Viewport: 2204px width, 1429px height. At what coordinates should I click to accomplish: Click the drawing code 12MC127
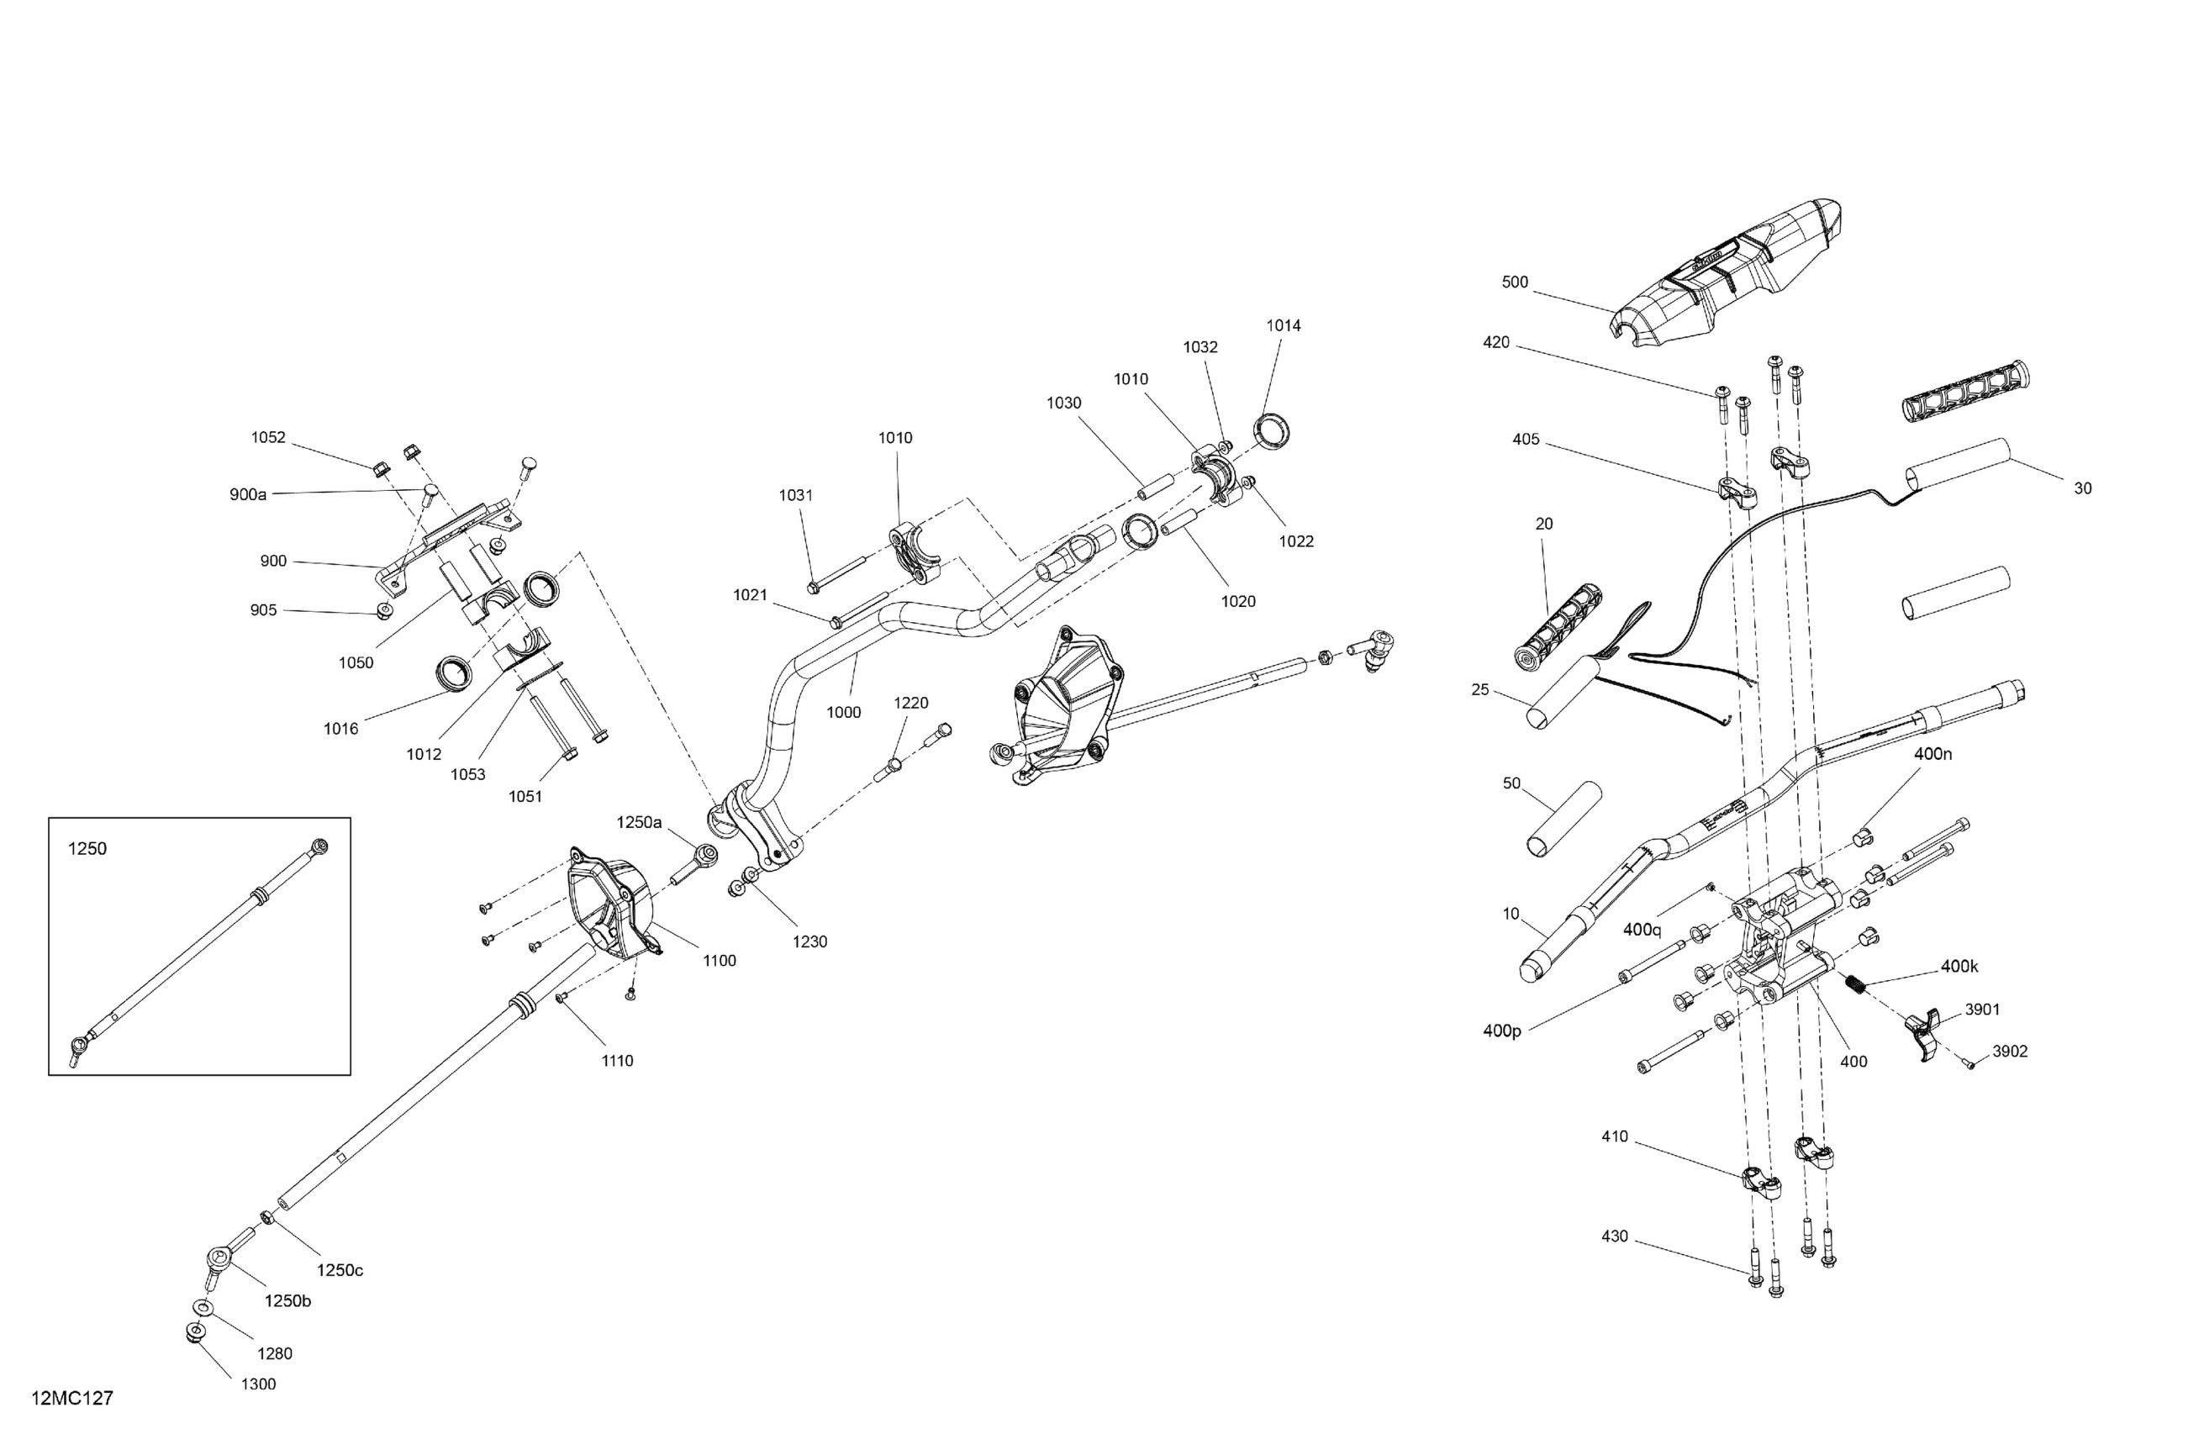pos(72,1399)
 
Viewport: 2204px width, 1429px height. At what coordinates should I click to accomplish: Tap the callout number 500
pos(1514,282)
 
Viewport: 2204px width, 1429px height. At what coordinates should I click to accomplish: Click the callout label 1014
pos(1284,326)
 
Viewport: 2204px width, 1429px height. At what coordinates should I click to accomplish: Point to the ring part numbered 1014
pos(1274,431)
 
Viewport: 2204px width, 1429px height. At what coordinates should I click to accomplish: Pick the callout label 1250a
pos(640,822)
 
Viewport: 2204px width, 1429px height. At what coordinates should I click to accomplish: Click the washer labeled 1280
pos(202,1307)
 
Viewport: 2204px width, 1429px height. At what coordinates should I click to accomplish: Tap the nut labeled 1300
pos(194,1332)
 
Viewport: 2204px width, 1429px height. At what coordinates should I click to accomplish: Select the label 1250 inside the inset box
pos(88,849)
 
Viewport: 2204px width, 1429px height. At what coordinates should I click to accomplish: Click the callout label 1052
pos(268,438)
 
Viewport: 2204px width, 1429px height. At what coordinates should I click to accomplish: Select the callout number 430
pos(1614,1237)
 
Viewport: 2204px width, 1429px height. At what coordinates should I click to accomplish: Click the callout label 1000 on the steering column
pos(844,712)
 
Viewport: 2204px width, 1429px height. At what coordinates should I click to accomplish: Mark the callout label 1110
pos(617,1061)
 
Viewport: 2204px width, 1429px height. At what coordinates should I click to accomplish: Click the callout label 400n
pos(1932,754)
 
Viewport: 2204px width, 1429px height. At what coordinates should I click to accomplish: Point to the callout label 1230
pos(810,941)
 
